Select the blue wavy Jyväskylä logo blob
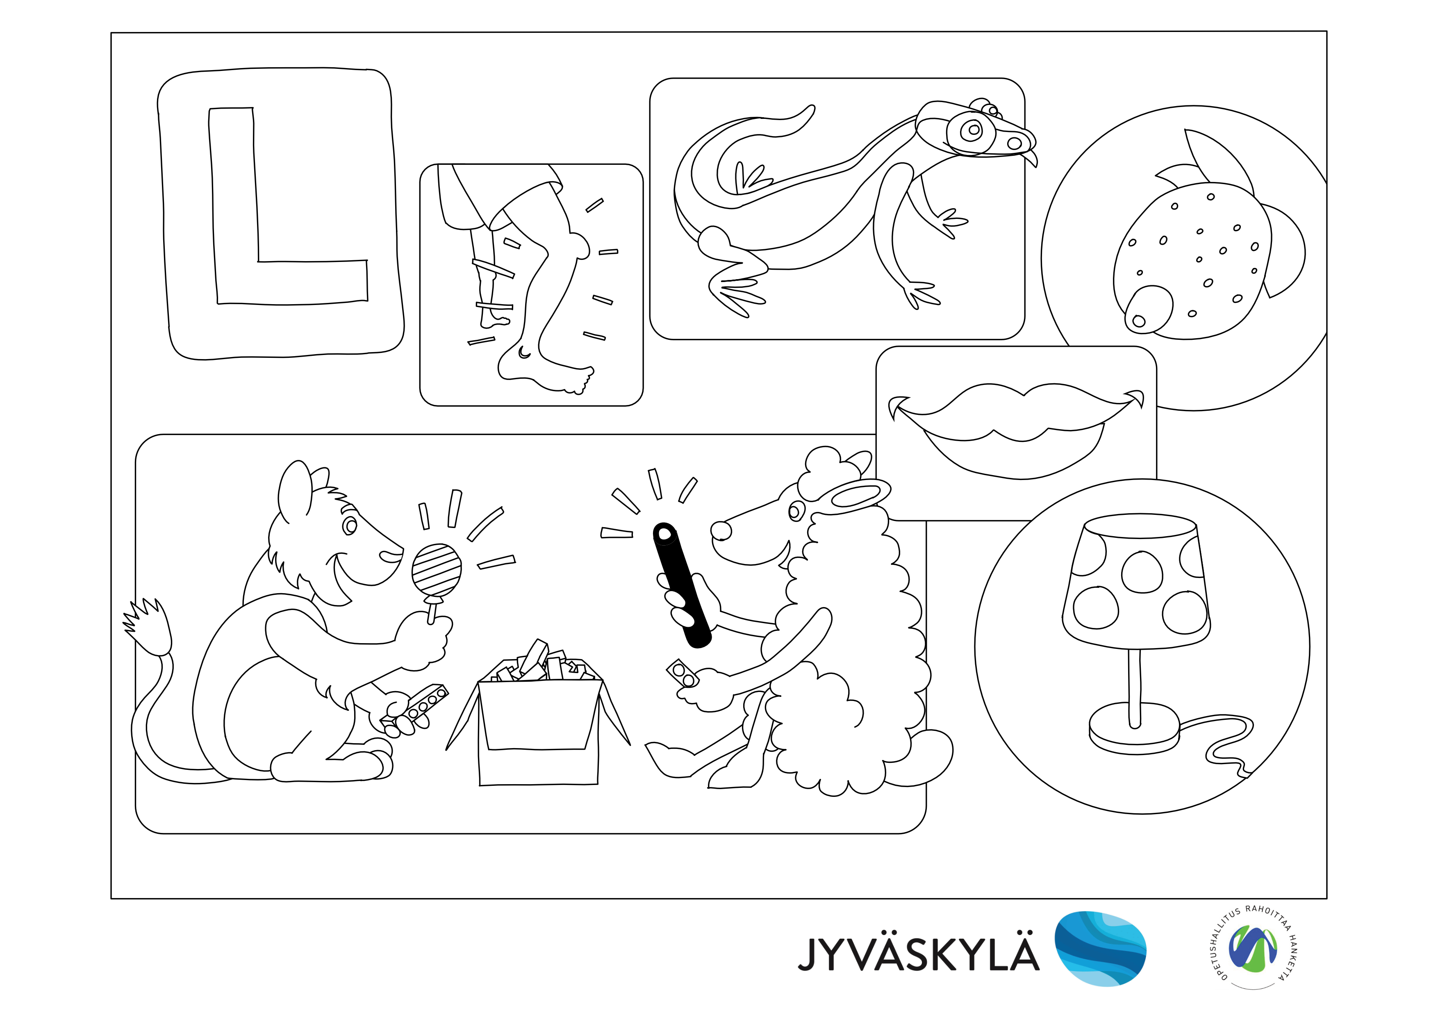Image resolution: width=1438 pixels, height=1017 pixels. point(1100,948)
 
